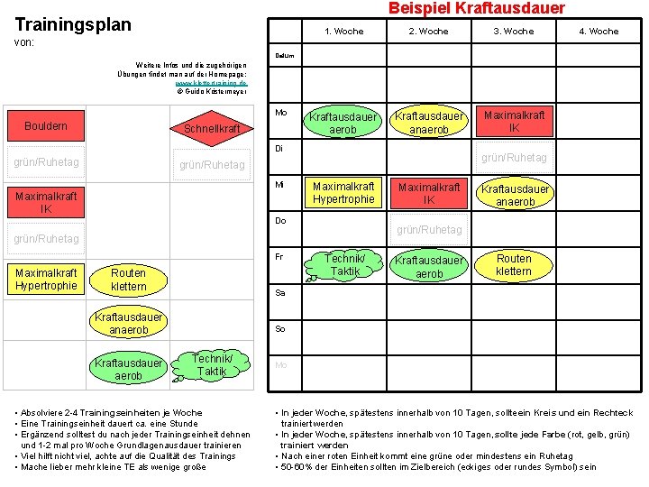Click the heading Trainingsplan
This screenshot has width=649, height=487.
(73, 24)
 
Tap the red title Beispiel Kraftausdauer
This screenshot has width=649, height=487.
(477, 8)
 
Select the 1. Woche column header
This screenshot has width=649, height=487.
(343, 32)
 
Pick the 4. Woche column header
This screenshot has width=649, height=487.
(599, 32)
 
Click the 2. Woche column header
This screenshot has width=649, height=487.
(428, 32)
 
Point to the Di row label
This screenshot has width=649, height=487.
(279, 149)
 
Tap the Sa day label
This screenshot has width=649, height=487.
(279, 293)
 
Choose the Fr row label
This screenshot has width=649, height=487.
(279, 257)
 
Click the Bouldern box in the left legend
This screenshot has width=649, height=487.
(46, 126)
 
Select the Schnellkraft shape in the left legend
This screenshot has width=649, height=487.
(212, 128)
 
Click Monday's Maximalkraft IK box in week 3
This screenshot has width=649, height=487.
(514, 122)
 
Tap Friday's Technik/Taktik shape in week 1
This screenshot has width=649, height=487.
(345, 264)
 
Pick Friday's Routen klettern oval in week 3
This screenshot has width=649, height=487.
(514, 264)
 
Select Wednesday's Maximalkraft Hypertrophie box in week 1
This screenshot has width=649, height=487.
(343, 193)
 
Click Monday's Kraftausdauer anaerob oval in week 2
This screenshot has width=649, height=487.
(429, 123)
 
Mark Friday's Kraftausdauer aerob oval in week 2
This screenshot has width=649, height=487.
(429, 267)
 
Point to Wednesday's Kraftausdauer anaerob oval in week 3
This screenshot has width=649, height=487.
(515, 195)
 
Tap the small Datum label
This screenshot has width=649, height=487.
(282, 55)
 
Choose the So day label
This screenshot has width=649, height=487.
(279, 329)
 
